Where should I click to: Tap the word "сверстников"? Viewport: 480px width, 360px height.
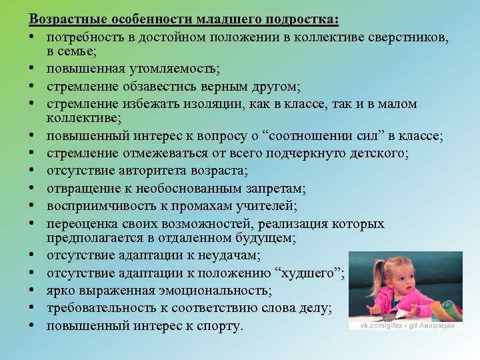[x=407, y=35]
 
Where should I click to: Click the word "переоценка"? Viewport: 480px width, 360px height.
[x=81, y=223]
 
